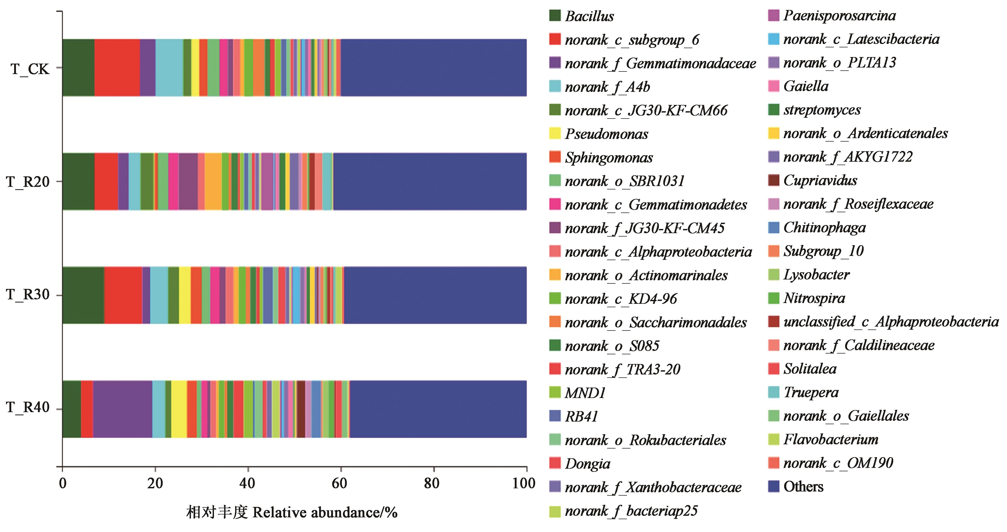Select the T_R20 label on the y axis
tap(27, 182)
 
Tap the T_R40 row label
tap(27, 408)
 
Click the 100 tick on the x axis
tap(524, 484)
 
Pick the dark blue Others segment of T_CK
tap(433, 68)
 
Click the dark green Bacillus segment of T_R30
tap(83, 295)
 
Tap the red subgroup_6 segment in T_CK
tap(117, 68)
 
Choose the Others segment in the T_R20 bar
tap(429, 182)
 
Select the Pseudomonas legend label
tap(606, 134)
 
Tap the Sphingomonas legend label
tap(609, 158)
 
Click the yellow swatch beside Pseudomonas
tap(555, 133)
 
